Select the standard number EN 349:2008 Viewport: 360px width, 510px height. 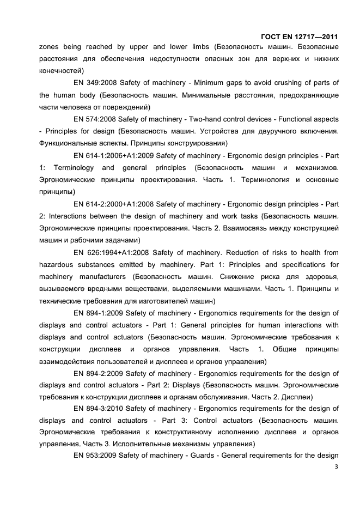94,83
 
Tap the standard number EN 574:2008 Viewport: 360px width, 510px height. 94,119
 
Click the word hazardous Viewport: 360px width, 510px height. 57,264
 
